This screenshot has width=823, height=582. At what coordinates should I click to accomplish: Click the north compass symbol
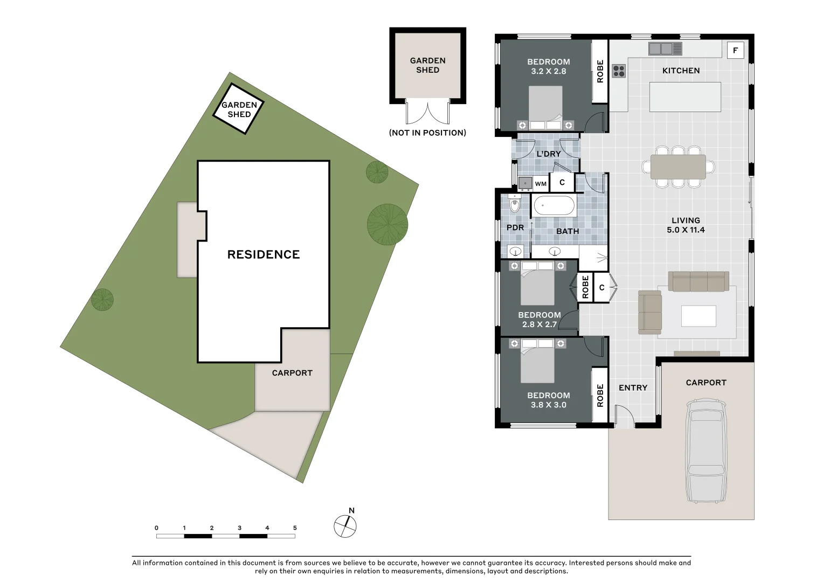click(x=345, y=526)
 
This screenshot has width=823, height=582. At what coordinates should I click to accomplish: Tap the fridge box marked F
click(x=735, y=51)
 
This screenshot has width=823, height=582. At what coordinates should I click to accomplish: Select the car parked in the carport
click(x=706, y=450)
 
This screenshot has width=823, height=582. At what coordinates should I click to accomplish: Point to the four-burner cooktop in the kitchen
click(x=618, y=71)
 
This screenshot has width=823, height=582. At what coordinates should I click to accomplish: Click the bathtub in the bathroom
click(x=554, y=206)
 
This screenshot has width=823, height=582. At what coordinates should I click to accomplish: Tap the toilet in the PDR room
click(x=515, y=205)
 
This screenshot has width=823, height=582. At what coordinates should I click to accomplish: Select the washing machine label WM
click(x=541, y=184)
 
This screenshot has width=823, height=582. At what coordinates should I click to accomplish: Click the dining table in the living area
click(x=678, y=167)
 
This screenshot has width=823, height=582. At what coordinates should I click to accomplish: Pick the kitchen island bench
click(x=685, y=96)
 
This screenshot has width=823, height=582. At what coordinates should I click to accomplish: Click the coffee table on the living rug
click(x=698, y=316)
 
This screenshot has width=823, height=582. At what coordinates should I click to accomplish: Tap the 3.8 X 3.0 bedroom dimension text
click(x=548, y=405)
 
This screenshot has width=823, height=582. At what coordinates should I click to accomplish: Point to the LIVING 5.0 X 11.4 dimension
click(x=686, y=230)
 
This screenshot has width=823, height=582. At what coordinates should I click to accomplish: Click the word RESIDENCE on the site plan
click(x=263, y=254)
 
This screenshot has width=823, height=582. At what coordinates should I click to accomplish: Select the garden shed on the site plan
click(x=240, y=109)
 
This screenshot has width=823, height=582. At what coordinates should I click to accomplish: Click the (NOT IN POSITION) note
click(x=427, y=133)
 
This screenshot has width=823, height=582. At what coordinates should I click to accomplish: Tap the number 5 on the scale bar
click(x=295, y=528)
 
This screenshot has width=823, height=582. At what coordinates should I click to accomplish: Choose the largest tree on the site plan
click(x=387, y=225)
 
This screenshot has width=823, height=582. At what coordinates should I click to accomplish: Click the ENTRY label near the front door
click(x=633, y=387)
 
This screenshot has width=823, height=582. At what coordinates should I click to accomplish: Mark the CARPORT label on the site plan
click(x=292, y=373)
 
